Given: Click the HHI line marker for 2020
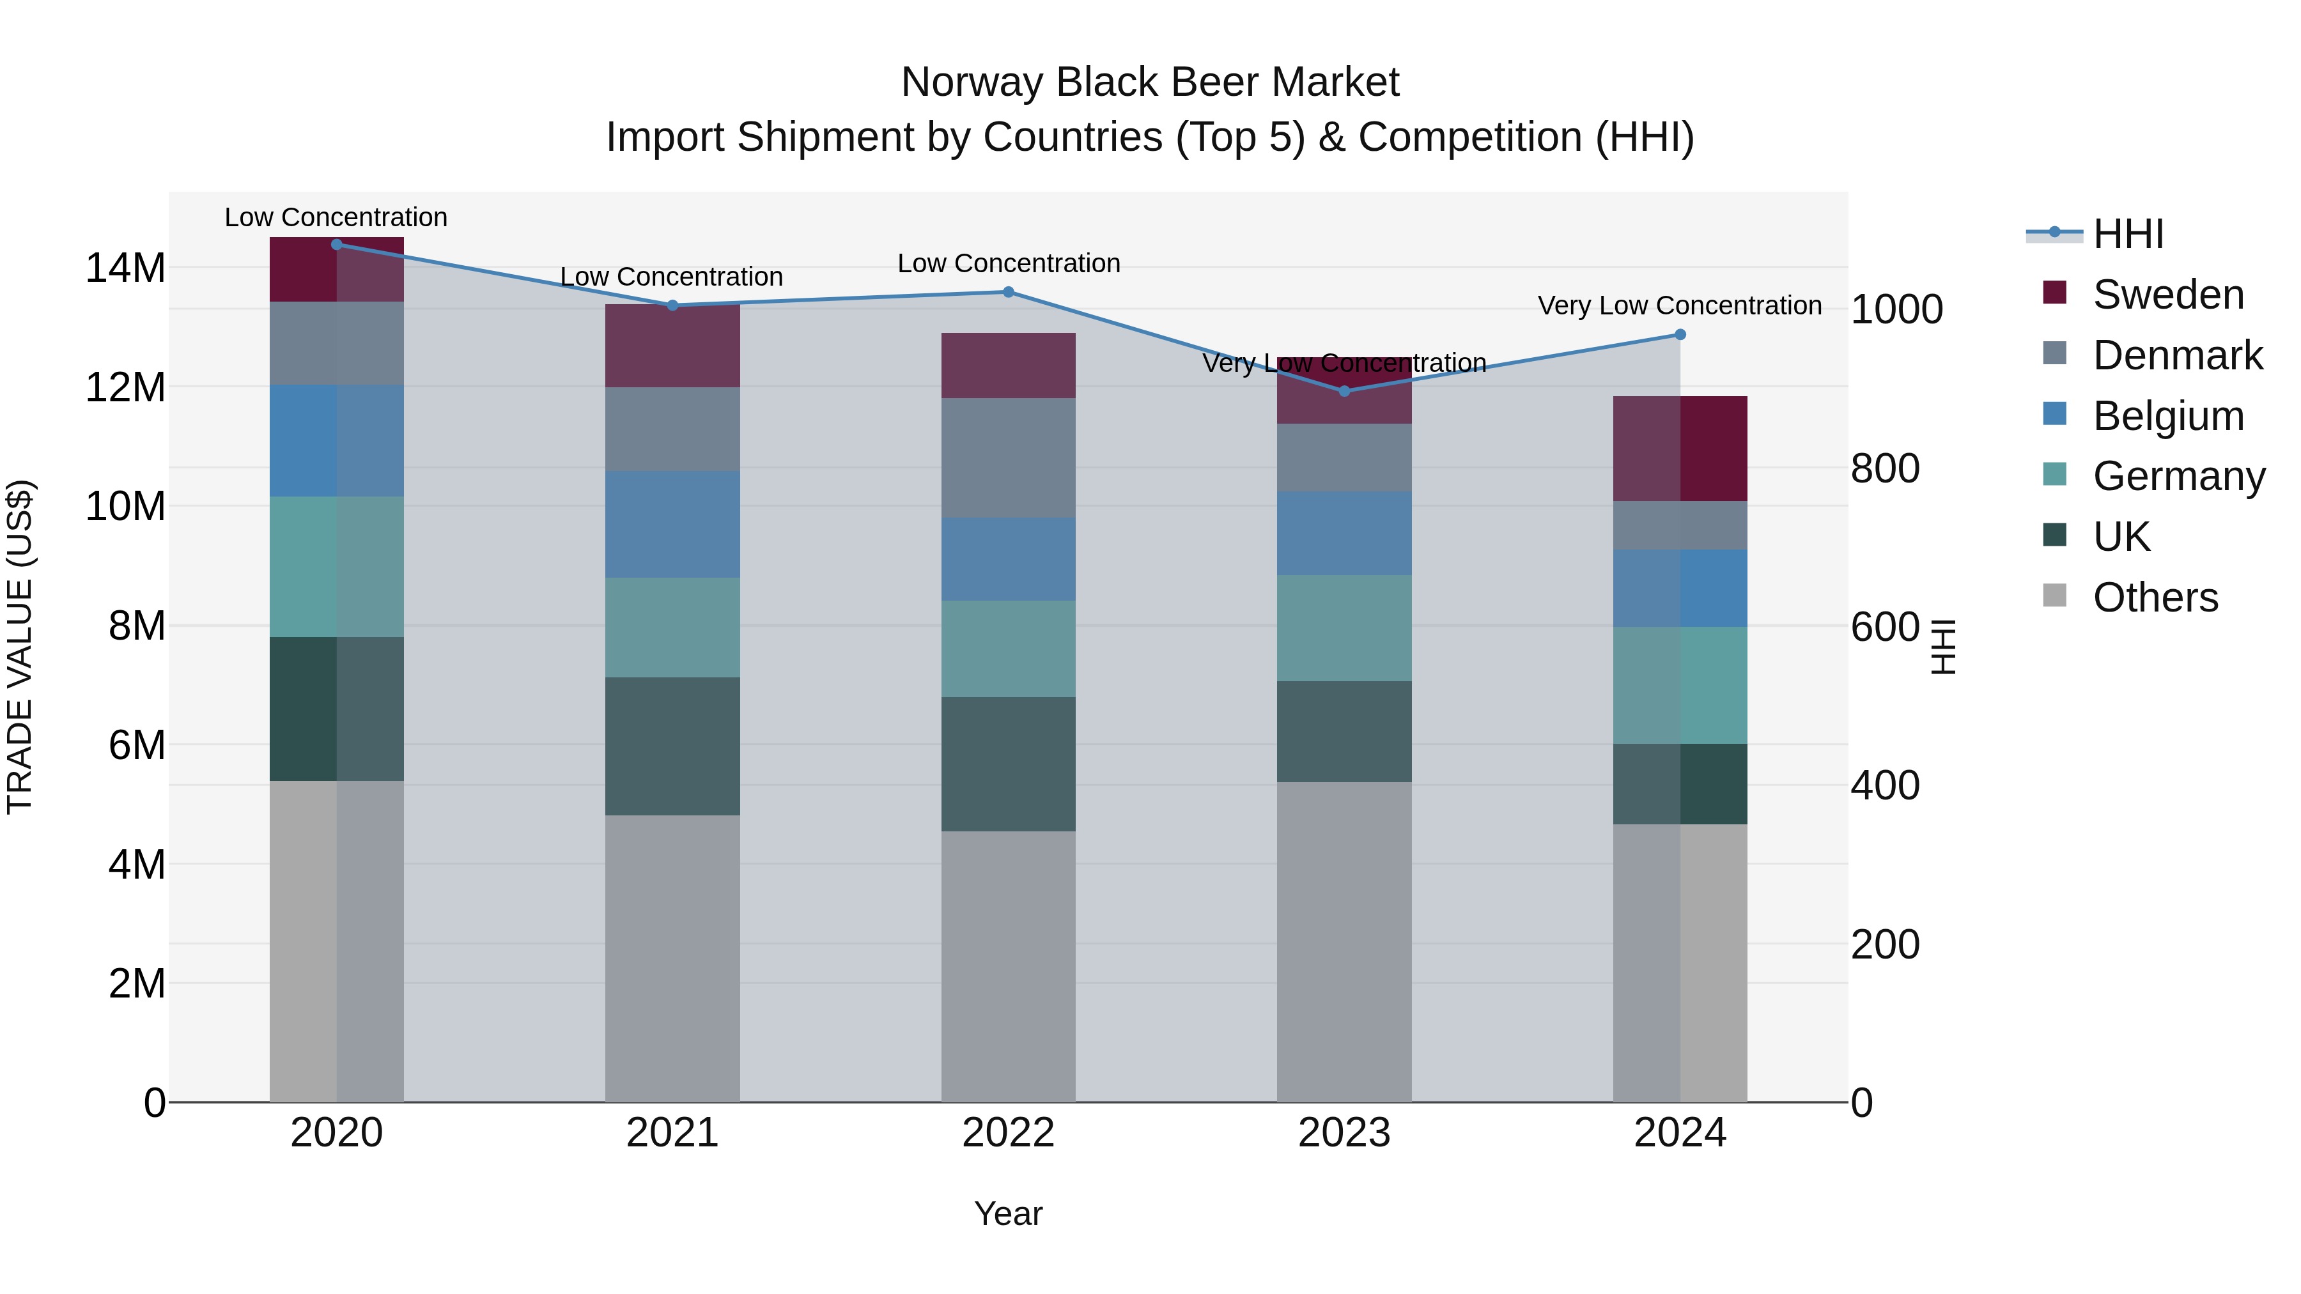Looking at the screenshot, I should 337,245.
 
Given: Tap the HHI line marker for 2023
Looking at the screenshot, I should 1344,391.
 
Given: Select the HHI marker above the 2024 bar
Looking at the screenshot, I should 1680,335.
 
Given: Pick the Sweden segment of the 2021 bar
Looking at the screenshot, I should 672,346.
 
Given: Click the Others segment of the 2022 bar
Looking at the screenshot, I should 1009,966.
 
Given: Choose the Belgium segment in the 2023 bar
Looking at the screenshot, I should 1344,533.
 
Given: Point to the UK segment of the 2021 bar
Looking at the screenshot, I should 672,746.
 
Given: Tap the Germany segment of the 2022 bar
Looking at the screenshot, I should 1009,649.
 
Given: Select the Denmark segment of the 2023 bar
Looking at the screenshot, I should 1344,458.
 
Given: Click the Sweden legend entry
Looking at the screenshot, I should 2168,295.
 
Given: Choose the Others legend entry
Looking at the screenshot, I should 2155,597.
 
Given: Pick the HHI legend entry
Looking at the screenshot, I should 2128,234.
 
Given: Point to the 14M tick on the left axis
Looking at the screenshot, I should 125,268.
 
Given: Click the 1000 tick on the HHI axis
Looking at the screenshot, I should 1896,310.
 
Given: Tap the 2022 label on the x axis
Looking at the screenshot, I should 1009,1133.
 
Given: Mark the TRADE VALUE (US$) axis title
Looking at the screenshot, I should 20,647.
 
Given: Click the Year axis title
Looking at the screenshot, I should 1009,1213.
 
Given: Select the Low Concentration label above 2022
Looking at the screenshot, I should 1009,263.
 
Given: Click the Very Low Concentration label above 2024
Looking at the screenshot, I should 1679,305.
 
